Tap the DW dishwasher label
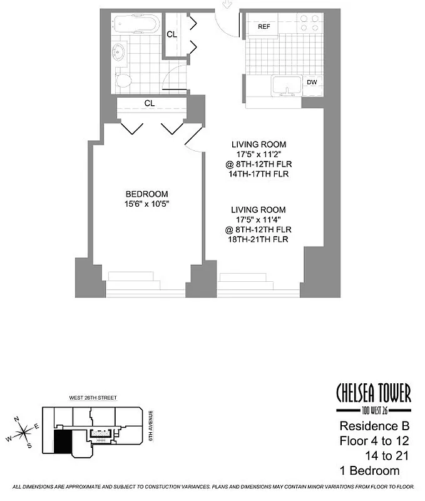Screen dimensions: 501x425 click(311, 82)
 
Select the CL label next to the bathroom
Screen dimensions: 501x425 click(172, 34)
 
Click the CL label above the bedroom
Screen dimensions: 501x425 click(150, 103)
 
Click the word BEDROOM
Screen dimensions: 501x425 click(146, 194)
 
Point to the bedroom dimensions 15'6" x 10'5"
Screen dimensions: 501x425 click(146, 204)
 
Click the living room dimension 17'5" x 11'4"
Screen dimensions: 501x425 click(259, 220)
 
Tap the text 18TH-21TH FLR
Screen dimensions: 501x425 click(259, 240)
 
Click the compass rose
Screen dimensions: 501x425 click(23, 431)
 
